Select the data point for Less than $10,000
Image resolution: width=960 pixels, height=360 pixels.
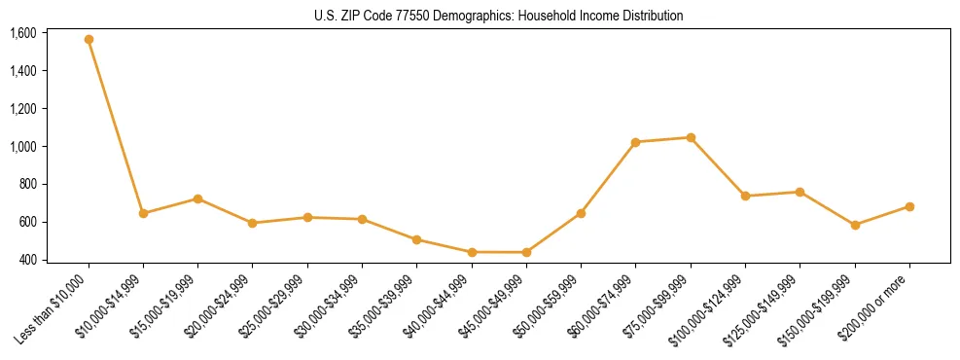tap(89, 40)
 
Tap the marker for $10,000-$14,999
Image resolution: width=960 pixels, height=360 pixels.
tap(143, 213)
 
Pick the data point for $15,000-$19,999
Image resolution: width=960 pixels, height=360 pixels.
tap(197, 198)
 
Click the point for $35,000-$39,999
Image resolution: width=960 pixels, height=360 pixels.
tap(416, 239)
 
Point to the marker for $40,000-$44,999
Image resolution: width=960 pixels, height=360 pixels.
tap(472, 252)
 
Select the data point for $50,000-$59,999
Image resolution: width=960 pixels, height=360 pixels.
tap(581, 213)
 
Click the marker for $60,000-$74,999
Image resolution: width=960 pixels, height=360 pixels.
tap(635, 142)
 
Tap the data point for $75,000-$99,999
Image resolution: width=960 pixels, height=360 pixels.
tap(691, 137)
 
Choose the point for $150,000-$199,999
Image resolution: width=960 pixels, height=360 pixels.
tap(855, 225)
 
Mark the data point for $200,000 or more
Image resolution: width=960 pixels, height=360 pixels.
tap(909, 206)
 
